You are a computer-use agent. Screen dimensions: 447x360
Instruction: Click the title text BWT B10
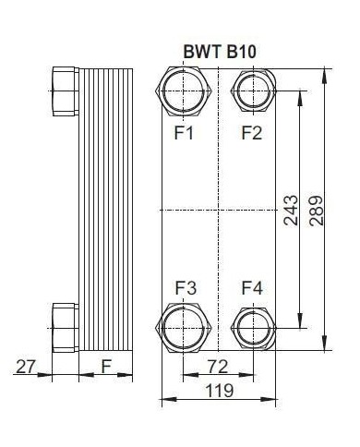218,52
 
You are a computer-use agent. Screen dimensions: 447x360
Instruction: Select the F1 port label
185,132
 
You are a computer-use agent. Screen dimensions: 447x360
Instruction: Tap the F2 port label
251,132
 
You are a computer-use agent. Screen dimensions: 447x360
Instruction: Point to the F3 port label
185,289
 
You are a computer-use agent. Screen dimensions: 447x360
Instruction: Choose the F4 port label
251,289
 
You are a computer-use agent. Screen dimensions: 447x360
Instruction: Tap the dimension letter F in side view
106,367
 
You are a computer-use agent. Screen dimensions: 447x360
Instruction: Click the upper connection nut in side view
63,91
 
